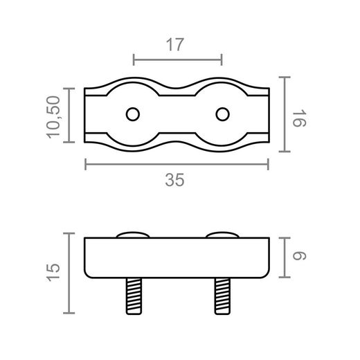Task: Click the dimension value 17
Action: coord(175,45)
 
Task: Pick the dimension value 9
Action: coord(299,256)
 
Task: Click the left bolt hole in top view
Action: coord(132,114)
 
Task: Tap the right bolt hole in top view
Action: coord(222,114)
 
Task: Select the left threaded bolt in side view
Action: coord(132,294)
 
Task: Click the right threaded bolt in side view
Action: coord(223,294)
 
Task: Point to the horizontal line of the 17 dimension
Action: coord(177,60)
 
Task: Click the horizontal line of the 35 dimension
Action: coord(177,164)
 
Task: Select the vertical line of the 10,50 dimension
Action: coord(68,115)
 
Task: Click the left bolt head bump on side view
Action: coord(132,235)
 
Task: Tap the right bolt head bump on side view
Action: coord(223,235)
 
